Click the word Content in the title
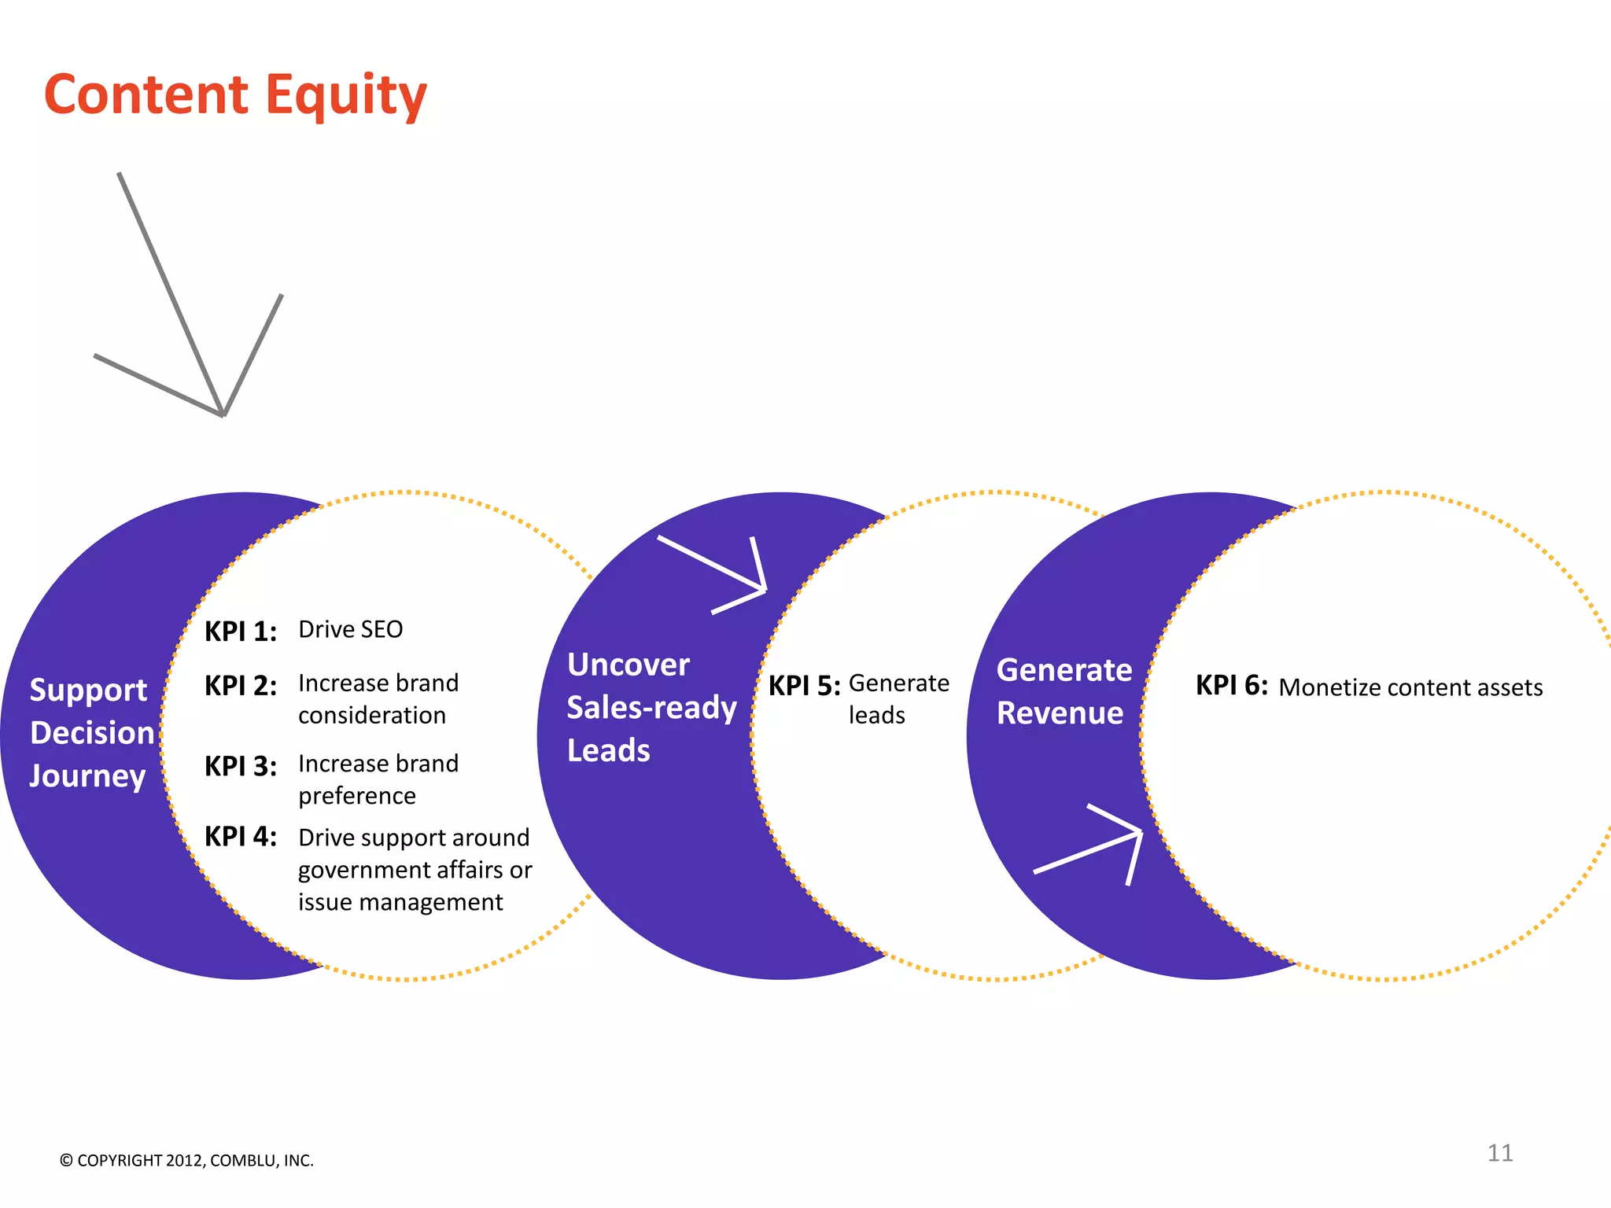(x=146, y=94)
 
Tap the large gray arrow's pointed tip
(x=223, y=414)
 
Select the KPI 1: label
(x=240, y=632)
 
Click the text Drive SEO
(x=351, y=629)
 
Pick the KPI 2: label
(x=240, y=686)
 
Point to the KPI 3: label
(x=240, y=766)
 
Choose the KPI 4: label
(x=240, y=837)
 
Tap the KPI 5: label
(x=804, y=686)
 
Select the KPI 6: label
(x=1231, y=685)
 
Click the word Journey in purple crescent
(x=87, y=776)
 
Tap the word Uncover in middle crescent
(x=629, y=665)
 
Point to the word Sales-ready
(x=651, y=708)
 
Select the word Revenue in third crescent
(x=1060, y=713)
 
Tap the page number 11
(x=1499, y=1153)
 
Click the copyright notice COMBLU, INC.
(x=262, y=1161)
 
